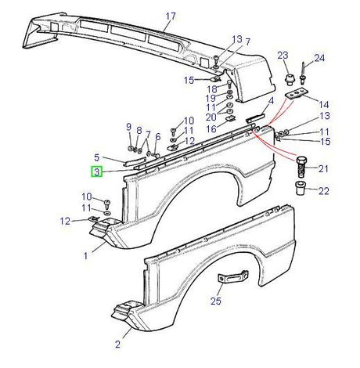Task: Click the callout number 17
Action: [x=171, y=16]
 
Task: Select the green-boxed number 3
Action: [x=96, y=172]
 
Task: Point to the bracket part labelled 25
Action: [x=233, y=280]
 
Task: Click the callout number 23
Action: [x=283, y=54]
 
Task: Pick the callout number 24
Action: [x=319, y=58]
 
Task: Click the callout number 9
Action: [x=128, y=127]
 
